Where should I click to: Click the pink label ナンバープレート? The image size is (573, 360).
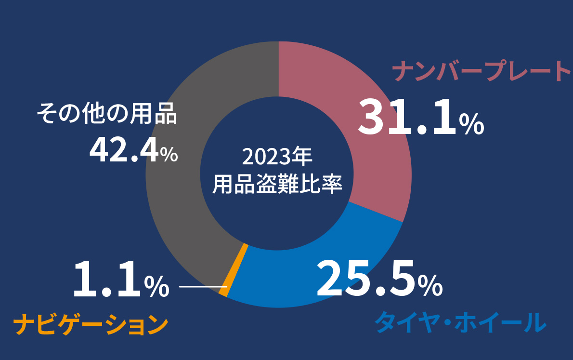click(x=482, y=71)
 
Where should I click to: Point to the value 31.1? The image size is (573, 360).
click(x=407, y=118)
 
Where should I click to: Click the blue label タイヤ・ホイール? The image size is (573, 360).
click(x=460, y=322)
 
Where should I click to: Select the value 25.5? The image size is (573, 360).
click(x=366, y=279)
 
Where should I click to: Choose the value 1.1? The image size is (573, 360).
click(x=107, y=280)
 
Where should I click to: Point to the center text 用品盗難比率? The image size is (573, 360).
click(x=278, y=184)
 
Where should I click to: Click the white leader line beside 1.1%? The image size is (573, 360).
click(x=199, y=287)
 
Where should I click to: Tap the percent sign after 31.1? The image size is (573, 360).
click(x=471, y=124)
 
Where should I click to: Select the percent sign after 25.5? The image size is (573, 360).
click(x=430, y=285)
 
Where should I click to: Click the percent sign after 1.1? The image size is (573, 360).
click(x=157, y=286)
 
